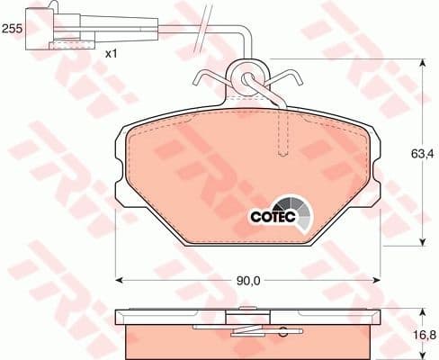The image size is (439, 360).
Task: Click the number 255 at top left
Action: point(12,29)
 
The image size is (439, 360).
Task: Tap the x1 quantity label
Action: point(112,54)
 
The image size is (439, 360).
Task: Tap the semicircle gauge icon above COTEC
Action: point(294,209)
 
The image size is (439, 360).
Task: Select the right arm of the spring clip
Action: point(285,83)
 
